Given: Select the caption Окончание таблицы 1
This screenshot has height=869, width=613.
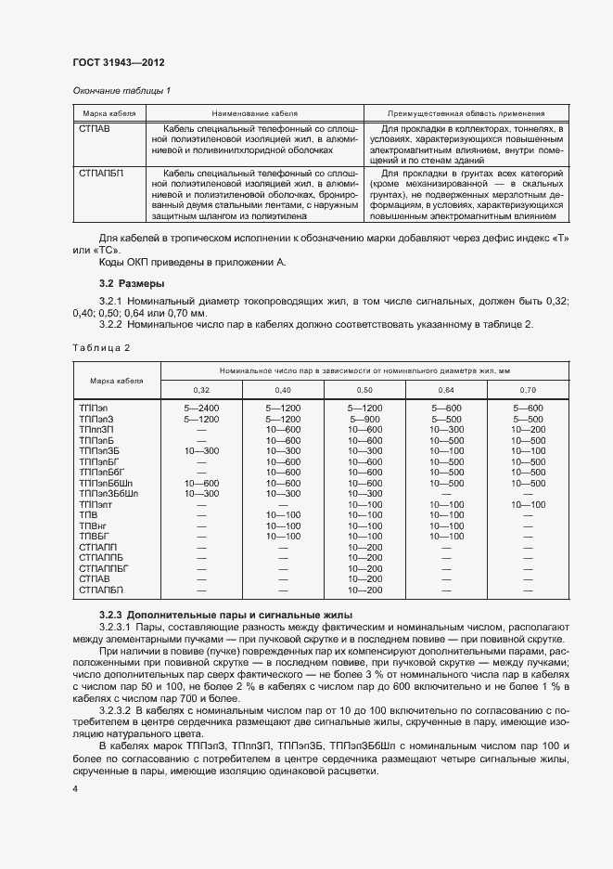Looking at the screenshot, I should click(121, 90).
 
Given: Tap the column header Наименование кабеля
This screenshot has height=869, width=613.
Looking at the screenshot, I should click(252, 112).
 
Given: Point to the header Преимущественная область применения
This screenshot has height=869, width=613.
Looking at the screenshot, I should click(466, 112).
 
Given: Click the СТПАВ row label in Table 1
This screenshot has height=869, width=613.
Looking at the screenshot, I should click(95, 128).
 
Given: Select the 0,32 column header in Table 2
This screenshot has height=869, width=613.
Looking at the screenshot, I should click(201, 390).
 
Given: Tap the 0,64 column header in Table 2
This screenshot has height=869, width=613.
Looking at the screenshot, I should click(447, 390).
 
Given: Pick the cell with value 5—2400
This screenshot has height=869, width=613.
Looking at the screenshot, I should click(201, 409).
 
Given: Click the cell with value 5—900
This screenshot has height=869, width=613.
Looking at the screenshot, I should click(365, 419).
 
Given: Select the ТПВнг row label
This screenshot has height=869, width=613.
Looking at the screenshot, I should click(92, 525).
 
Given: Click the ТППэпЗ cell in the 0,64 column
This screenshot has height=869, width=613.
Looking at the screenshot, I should click(447, 419).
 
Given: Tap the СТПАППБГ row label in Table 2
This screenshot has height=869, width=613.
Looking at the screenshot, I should click(103, 567).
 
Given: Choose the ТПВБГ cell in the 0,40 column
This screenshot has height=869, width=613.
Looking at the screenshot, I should click(284, 536).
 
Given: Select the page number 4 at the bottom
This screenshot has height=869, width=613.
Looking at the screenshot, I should click(75, 788).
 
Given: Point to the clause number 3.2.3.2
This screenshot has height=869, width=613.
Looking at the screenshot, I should click(117, 709).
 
